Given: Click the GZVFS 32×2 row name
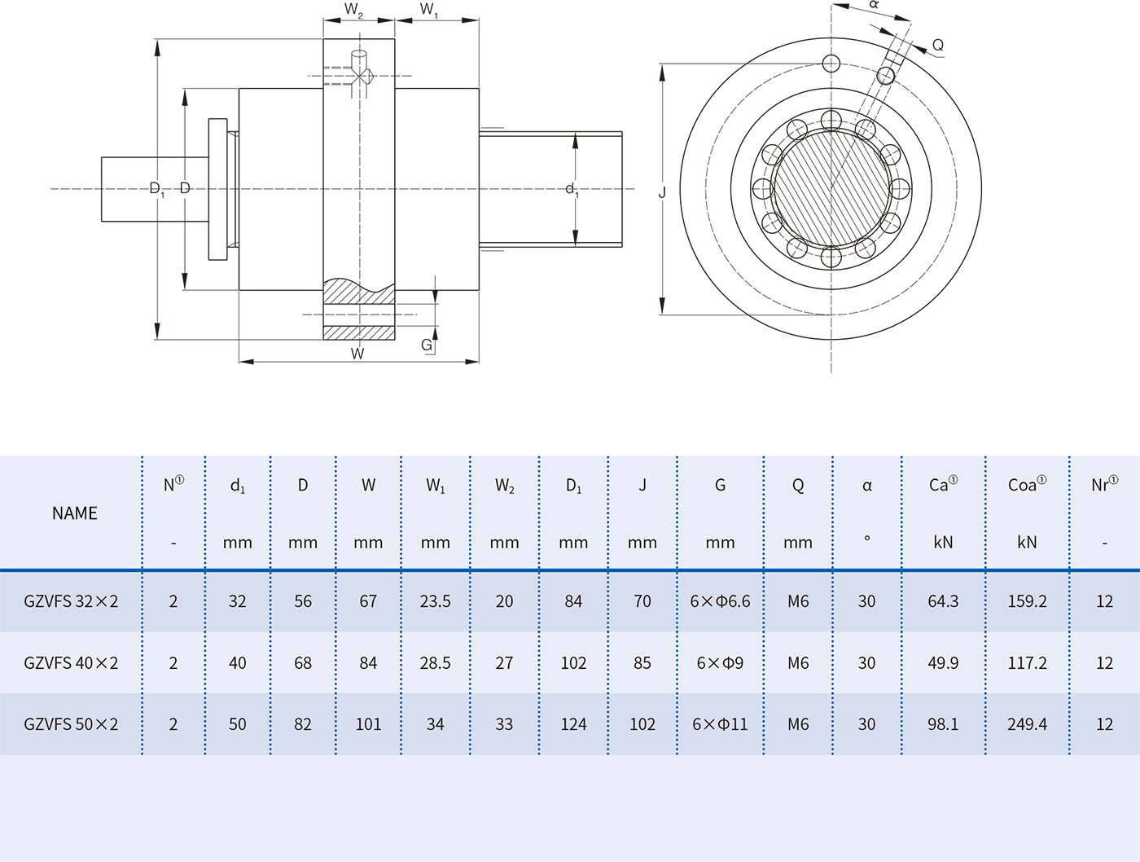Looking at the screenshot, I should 71,601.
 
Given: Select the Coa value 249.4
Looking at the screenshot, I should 1027,723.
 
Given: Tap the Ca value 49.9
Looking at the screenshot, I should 943,662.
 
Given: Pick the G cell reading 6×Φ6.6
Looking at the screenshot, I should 720,601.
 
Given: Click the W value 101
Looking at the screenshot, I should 368,723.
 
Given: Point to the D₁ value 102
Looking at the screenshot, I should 573,662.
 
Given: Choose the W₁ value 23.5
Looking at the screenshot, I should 435,601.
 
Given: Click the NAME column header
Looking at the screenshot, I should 74,513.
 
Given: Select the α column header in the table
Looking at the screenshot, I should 866,486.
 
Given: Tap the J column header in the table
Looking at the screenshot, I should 642,486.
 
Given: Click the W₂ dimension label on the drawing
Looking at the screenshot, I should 353,10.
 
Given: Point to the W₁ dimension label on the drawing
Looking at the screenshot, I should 429,10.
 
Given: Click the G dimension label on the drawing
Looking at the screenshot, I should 427,345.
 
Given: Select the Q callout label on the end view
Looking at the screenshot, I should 938,46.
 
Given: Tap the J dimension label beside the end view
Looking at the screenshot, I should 662,193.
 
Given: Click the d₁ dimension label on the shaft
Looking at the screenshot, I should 572,190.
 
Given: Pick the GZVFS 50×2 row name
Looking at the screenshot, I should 71,723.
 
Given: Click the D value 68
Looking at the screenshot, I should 302,662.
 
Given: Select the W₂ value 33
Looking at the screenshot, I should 504,723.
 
